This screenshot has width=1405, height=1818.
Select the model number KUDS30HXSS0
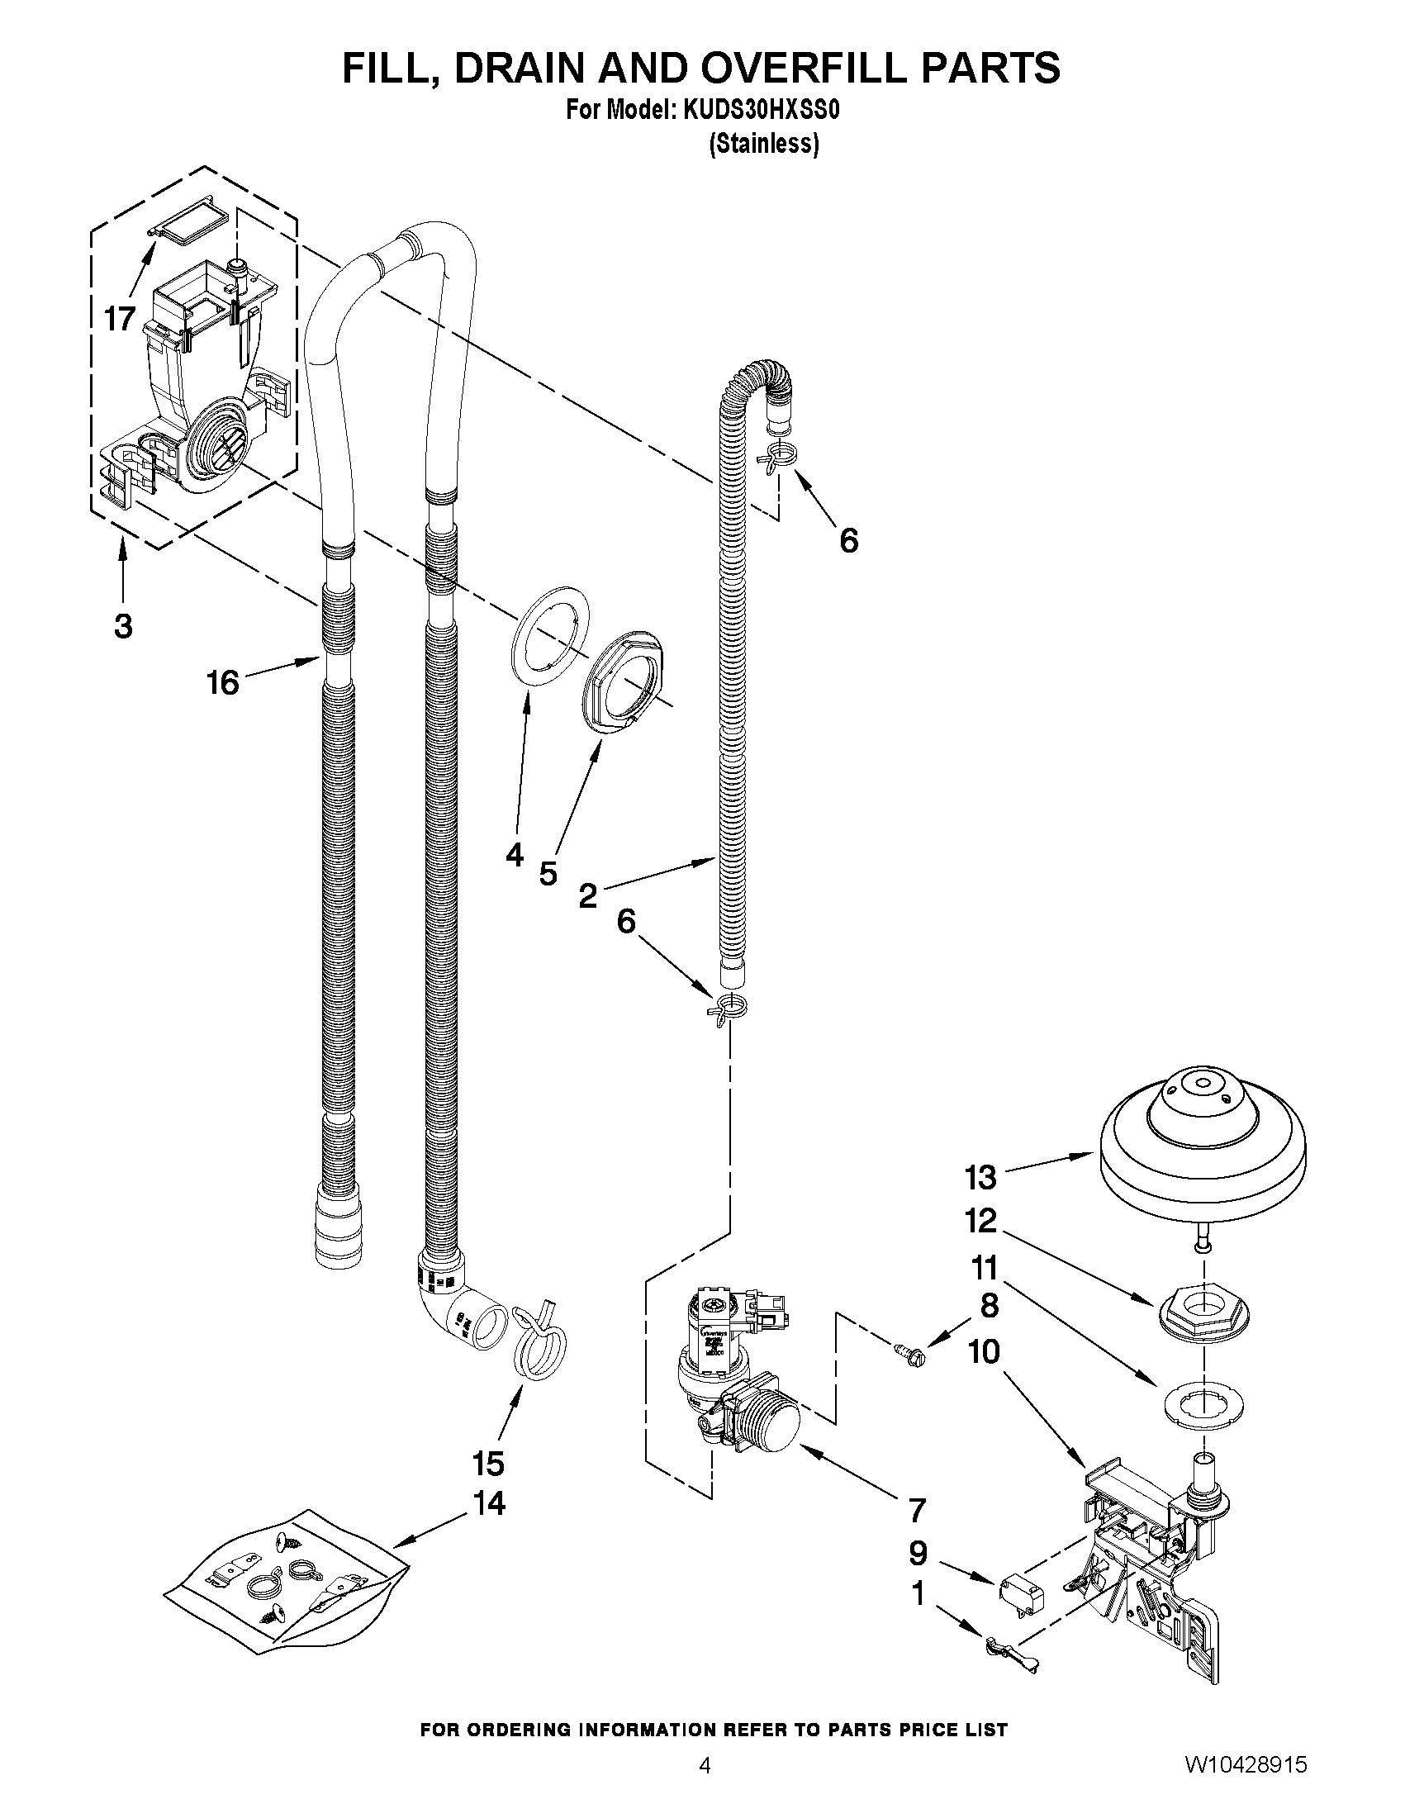pos(761,111)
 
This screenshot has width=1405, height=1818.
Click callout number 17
pos(120,318)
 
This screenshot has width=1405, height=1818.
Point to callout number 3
pos(123,626)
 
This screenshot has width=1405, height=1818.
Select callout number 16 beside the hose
pos(223,682)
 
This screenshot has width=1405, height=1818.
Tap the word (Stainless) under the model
pos(763,144)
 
